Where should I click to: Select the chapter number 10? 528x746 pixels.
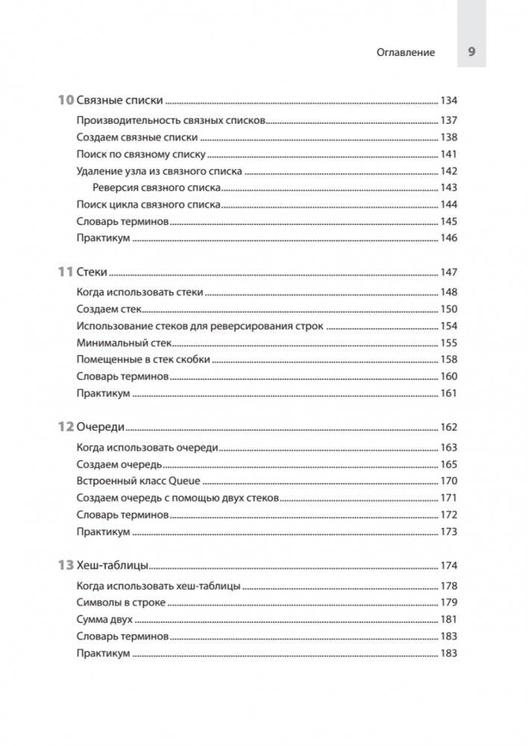click(66, 101)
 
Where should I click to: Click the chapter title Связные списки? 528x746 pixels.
click(119, 101)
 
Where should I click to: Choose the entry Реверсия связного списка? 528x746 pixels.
click(157, 188)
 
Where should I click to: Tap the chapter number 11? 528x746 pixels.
click(66, 273)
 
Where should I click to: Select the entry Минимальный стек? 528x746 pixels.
click(124, 343)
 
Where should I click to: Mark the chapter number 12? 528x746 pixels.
click(66, 428)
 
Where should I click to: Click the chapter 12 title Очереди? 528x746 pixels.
click(101, 428)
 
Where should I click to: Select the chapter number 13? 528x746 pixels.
click(66, 566)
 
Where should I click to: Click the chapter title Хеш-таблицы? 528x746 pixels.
click(114, 566)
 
